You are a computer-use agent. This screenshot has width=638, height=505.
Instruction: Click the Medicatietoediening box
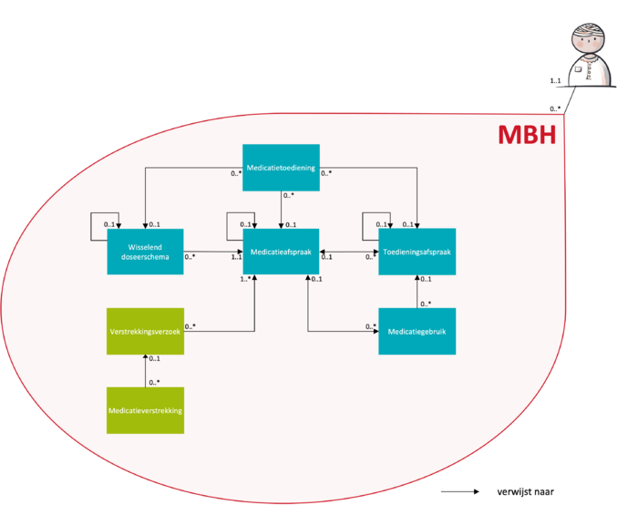click(281, 167)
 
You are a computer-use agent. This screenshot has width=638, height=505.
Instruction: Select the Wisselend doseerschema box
click(145, 252)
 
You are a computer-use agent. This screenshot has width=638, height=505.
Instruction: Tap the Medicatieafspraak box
click(281, 252)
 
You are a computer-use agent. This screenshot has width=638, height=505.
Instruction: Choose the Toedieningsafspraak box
click(417, 252)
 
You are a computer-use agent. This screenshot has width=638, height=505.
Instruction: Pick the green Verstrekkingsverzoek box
click(145, 332)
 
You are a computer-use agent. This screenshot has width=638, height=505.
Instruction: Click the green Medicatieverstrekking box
click(145, 410)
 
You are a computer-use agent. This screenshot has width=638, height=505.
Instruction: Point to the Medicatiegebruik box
click(417, 332)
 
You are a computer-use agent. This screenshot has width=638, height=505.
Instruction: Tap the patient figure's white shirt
click(588, 73)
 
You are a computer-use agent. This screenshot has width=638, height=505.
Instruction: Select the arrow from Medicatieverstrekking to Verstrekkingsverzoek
click(145, 371)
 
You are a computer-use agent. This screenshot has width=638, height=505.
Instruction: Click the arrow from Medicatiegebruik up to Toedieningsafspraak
click(417, 292)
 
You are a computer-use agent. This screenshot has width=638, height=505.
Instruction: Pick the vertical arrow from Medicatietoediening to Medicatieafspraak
click(281, 210)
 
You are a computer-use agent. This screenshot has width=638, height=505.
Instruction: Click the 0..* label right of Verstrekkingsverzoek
click(190, 326)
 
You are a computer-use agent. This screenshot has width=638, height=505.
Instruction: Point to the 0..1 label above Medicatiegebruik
click(426, 280)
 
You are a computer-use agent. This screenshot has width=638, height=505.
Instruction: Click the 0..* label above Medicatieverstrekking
click(154, 382)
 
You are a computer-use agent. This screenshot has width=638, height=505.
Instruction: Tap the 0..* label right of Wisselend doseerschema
click(190, 257)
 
